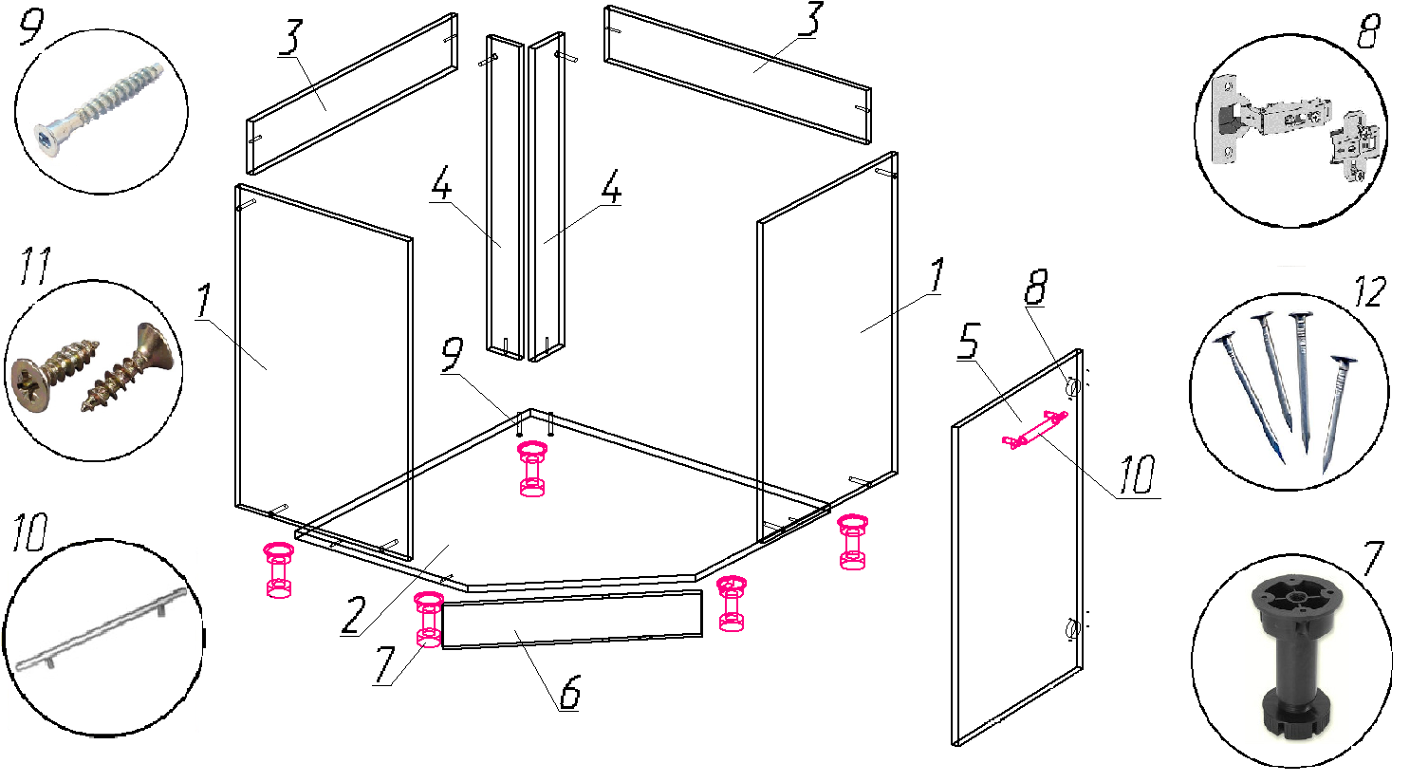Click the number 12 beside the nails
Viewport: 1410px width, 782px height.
click(x=1368, y=292)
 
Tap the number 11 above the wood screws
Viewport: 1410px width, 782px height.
click(x=34, y=267)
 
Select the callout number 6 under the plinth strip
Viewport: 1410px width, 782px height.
click(x=569, y=693)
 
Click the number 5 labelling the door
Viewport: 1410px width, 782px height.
click(x=969, y=342)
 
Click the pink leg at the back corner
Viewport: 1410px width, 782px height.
click(x=532, y=469)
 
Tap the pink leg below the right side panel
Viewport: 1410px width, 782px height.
click(x=853, y=542)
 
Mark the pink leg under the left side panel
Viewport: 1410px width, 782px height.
click(x=278, y=569)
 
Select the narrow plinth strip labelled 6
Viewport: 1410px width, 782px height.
click(x=571, y=620)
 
